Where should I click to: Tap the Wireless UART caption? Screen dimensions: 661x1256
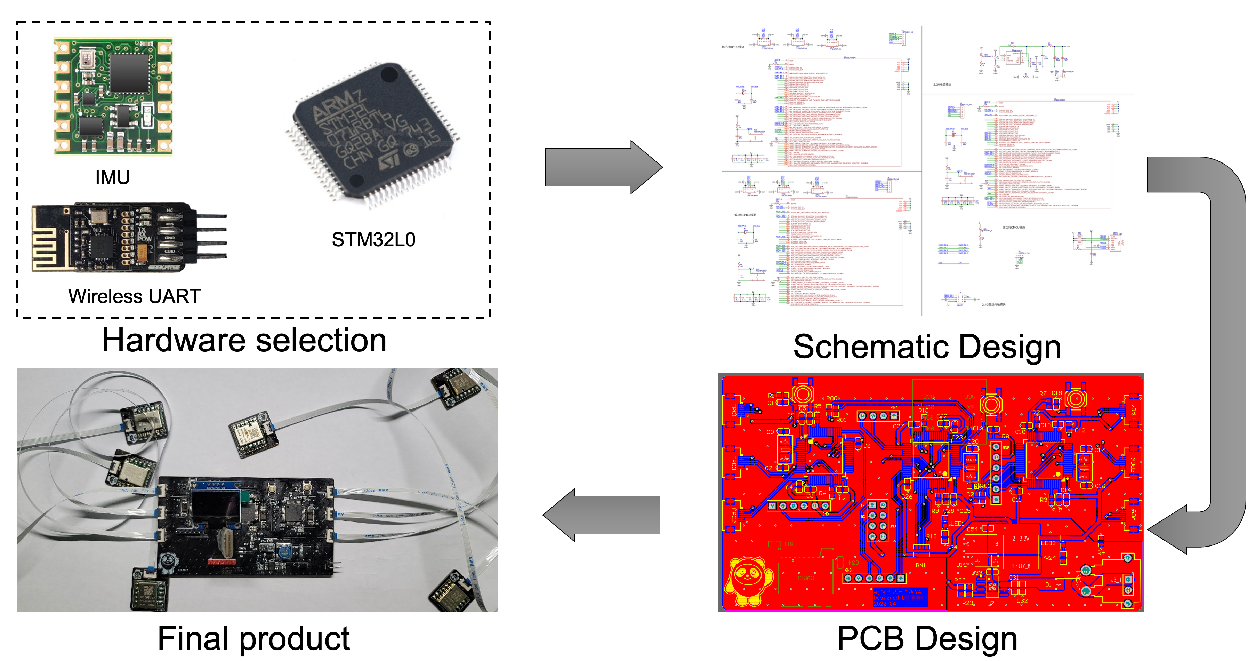click(x=134, y=296)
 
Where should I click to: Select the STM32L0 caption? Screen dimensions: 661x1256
click(x=373, y=239)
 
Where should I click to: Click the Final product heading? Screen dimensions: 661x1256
click(x=253, y=638)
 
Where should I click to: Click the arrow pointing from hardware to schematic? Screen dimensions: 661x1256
click(x=604, y=167)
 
